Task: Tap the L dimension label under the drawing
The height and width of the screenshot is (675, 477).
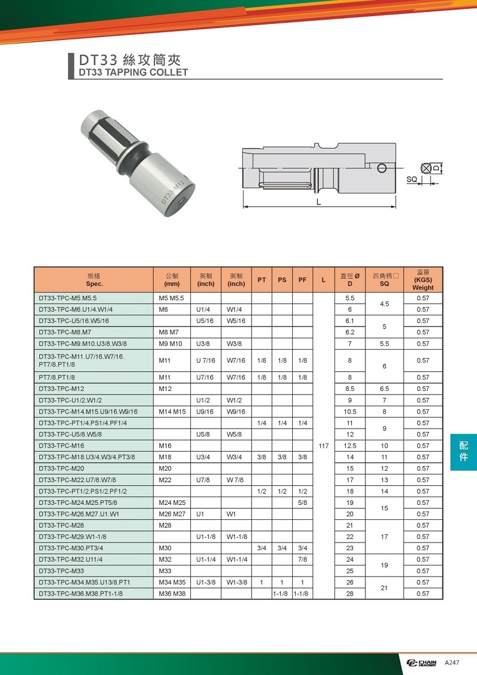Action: pyautogui.click(x=319, y=202)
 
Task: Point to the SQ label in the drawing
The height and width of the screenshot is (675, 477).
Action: pyautogui.click(x=412, y=179)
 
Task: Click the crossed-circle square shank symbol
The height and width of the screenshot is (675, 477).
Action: pyautogui.click(x=426, y=168)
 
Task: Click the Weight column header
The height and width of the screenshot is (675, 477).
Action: pyautogui.click(x=423, y=280)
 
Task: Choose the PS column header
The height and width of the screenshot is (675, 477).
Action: pyautogui.click(x=282, y=280)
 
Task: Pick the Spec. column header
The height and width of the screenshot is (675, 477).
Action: pyautogui.click(x=95, y=280)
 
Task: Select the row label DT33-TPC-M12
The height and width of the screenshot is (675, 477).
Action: pyautogui.click(x=61, y=389)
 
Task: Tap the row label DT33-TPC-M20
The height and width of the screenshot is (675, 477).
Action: pyautogui.click(x=61, y=469)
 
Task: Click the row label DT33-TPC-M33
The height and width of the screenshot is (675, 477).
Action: pyautogui.click(x=61, y=571)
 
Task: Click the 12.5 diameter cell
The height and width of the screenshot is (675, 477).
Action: pyautogui.click(x=350, y=446)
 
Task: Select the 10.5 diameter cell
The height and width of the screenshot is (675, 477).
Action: pyautogui.click(x=350, y=412)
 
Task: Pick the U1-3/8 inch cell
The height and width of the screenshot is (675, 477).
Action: pyautogui.click(x=206, y=582)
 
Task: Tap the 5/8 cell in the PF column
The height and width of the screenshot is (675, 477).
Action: pyautogui.click(x=303, y=503)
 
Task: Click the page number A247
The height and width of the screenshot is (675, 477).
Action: pyautogui.click(x=452, y=664)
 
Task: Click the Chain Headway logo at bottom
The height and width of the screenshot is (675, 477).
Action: pyautogui.click(x=423, y=664)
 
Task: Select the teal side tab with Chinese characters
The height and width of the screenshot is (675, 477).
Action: pyautogui.click(x=463, y=452)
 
